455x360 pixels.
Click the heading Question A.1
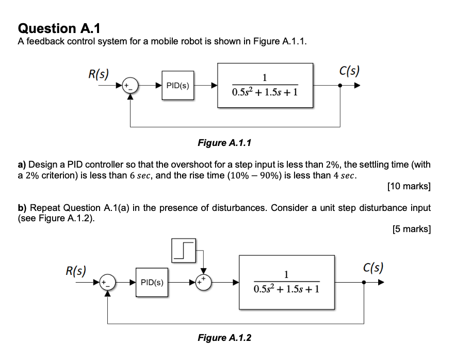(55, 28)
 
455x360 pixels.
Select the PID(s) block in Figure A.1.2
(152, 283)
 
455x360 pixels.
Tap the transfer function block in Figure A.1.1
(265, 85)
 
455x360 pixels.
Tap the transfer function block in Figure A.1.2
(286, 282)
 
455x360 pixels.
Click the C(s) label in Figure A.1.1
(350, 71)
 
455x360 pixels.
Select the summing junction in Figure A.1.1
(131, 86)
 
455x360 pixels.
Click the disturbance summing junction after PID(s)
(205, 283)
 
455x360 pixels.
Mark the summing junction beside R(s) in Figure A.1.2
(107, 283)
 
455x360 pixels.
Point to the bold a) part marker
(22, 165)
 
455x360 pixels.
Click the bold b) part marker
(22, 207)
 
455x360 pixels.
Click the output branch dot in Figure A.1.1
(339, 86)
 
